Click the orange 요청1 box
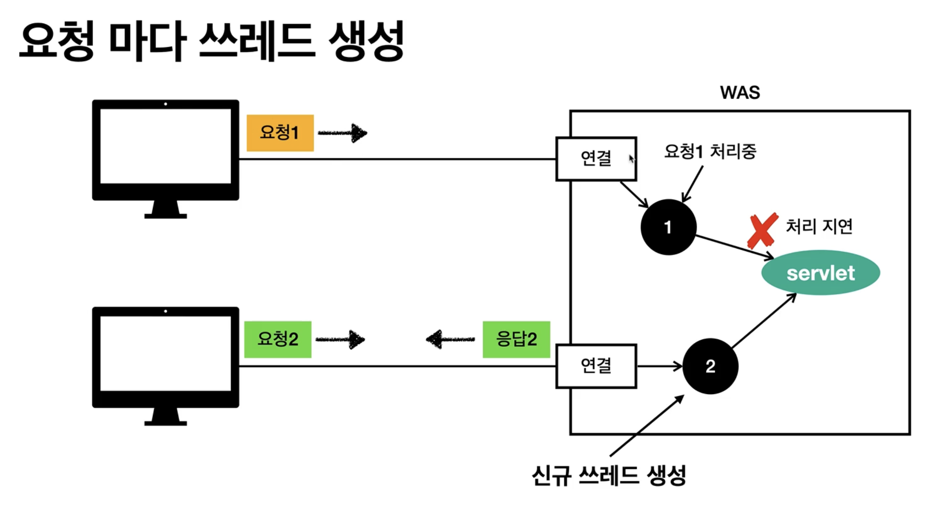[280, 133]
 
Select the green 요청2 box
[278, 339]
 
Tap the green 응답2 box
[516, 339]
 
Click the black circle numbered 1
[668, 227]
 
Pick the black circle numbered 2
[710, 366]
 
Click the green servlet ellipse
[821, 273]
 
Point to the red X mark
[762, 231]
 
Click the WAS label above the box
[740, 92]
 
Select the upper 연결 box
[596, 159]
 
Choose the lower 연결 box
[596, 366]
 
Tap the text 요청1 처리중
[710, 151]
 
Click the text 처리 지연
[819, 226]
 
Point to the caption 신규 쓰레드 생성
[609, 475]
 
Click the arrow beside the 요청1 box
[343, 133]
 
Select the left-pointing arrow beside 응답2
[450, 339]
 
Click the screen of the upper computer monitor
[166, 146]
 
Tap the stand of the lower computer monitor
[166, 416]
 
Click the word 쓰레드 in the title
[257, 40]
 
